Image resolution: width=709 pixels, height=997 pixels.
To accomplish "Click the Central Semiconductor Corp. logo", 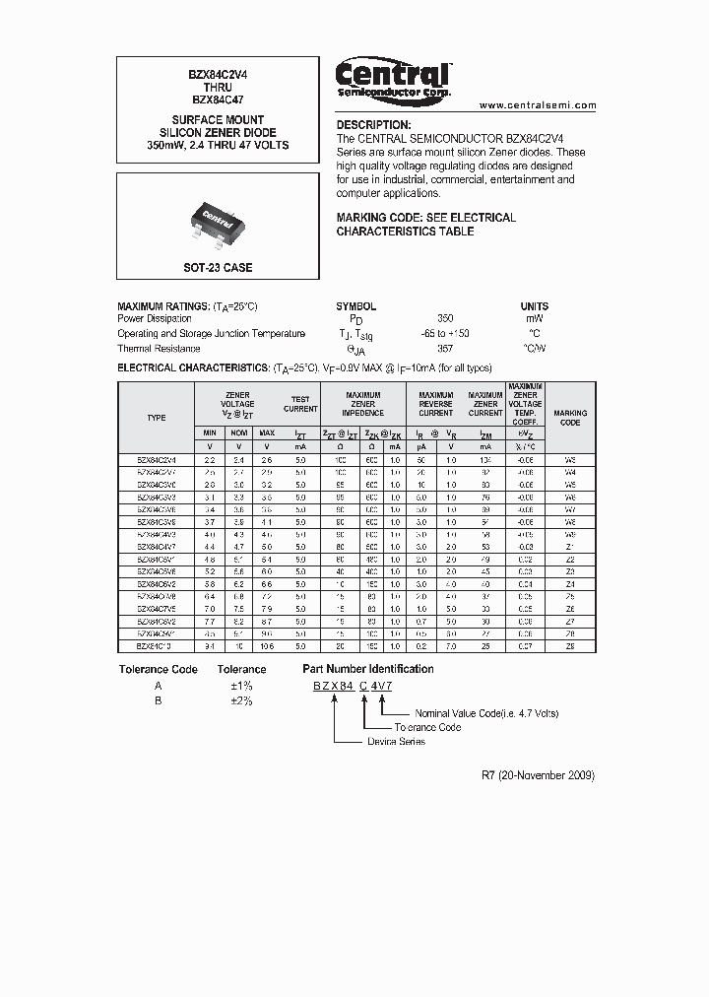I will tap(393, 78).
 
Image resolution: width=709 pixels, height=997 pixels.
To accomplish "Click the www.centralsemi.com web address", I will tap(538, 105).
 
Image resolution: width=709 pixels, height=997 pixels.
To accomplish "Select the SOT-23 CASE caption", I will tap(218, 268).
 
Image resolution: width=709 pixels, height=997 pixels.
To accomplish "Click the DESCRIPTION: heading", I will tap(373, 125).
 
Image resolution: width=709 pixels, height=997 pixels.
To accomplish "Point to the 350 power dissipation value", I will tap(445, 319).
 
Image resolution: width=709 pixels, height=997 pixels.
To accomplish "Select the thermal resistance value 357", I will tap(445, 349).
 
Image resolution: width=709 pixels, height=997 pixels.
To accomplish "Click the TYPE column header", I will tap(157, 418).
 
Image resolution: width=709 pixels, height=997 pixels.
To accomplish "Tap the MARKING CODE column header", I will tap(570, 418).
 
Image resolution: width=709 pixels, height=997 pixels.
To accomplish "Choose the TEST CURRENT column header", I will tap(300, 404).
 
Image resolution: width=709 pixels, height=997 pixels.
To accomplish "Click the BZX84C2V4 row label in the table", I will tap(157, 459).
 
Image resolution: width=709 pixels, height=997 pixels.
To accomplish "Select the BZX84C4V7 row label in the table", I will tap(157, 546).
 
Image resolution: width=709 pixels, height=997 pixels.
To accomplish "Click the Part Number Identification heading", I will tap(367, 669).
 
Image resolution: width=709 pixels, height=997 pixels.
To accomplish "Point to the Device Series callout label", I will tap(396, 741).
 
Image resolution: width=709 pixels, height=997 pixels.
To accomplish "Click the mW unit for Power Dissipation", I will tap(534, 319).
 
